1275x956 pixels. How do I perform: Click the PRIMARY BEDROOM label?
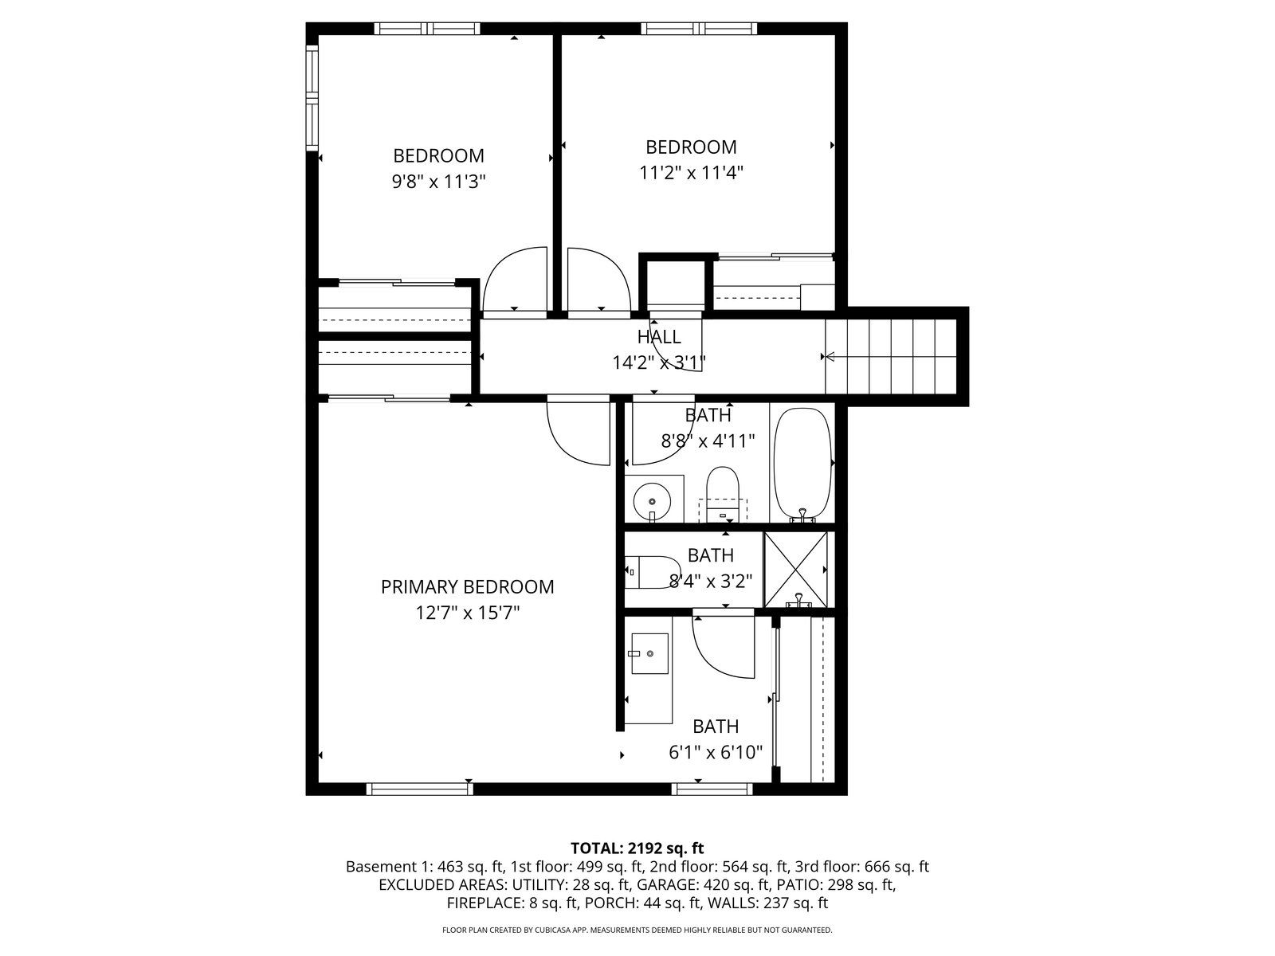467,587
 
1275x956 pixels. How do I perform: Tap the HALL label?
659,337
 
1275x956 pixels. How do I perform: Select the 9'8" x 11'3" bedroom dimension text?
438,182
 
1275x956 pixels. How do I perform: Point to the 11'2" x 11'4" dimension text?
691,173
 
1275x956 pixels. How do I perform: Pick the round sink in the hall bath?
653,501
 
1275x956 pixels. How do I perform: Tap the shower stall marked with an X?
795,570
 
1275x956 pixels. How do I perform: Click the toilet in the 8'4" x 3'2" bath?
652,572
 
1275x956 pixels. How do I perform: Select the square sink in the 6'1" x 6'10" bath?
649,653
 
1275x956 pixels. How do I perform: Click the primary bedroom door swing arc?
579,433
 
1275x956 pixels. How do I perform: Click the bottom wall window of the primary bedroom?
419,789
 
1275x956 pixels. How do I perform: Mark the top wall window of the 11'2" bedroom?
699,29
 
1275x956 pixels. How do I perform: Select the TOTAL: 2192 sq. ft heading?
637,848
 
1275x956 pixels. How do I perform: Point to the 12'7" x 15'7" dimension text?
468,613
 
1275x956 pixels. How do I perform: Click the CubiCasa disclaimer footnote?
637,930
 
